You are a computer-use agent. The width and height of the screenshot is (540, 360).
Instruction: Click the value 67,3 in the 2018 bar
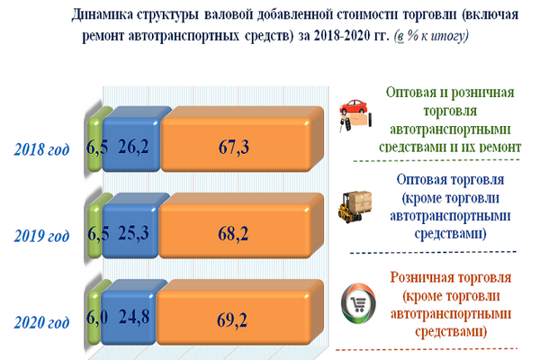click(233, 147)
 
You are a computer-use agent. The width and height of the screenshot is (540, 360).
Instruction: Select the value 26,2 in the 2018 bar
click(133, 147)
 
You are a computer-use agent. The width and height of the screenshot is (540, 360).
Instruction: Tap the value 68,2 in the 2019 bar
click(233, 234)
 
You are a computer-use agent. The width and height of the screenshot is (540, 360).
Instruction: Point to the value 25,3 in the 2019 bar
click(133, 233)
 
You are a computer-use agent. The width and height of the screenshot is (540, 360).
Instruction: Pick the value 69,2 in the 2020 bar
click(232, 320)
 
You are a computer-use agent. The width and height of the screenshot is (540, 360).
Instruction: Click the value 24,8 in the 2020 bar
click(134, 317)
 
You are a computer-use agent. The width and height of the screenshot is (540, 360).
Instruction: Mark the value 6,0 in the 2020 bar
click(97, 317)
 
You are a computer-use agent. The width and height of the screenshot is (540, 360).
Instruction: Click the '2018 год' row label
click(41, 150)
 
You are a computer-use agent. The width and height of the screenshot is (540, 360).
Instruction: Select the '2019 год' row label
click(41, 237)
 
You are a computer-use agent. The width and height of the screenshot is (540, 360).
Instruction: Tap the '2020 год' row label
click(41, 323)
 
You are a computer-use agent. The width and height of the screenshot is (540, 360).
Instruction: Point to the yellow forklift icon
click(355, 207)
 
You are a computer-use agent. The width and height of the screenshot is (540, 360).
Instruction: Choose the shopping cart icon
click(358, 304)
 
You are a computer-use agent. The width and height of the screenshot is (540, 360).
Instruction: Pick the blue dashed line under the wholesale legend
click(433, 253)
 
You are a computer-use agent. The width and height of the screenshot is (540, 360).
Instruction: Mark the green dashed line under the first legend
click(436, 160)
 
